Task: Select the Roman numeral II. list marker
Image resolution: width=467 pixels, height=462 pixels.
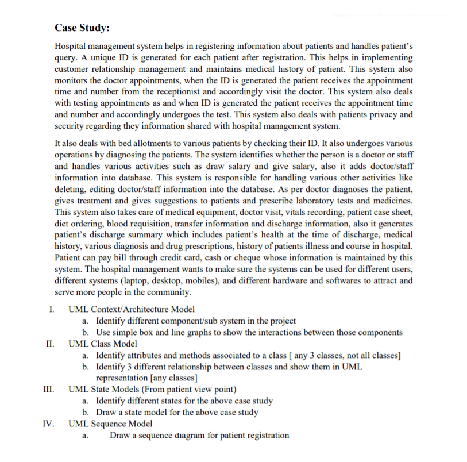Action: click(x=50, y=344)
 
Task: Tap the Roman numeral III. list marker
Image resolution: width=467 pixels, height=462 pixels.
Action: click(x=49, y=389)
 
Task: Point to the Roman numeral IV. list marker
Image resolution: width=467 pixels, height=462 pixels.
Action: click(x=49, y=423)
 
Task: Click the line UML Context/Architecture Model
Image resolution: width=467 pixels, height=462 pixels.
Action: click(x=131, y=309)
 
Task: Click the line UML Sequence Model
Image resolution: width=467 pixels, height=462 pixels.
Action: click(x=110, y=423)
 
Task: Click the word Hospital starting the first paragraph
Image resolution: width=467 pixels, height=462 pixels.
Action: click(x=70, y=46)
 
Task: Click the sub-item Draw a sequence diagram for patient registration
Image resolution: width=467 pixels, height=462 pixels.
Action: click(x=199, y=435)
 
